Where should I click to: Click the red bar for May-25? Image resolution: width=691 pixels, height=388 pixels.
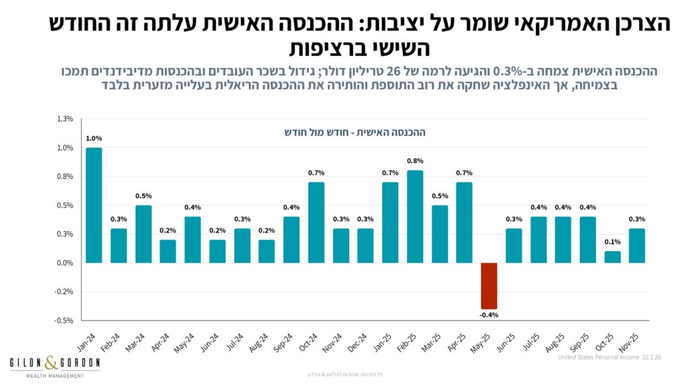coord(489,286)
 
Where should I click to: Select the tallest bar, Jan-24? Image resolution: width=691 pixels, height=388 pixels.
coord(94,205)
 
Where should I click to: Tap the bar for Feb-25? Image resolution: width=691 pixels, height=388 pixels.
coord(415,216)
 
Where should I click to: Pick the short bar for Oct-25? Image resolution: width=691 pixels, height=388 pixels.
coord(612,257)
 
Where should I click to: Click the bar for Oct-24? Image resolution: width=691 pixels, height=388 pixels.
coord(316,222)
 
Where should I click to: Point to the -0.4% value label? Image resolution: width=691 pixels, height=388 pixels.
coord(489,315)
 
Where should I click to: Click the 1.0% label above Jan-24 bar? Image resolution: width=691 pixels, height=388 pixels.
coord(94,139)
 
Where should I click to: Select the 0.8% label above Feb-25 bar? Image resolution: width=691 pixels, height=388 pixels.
coord(415,161)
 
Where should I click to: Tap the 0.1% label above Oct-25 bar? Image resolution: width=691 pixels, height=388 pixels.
coord(612,243)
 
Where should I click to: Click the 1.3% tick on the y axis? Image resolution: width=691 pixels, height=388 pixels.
coord(65,119)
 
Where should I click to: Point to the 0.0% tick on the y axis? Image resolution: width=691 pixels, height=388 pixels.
coord(65,263)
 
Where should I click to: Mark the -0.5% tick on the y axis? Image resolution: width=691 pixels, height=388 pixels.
coord(64,321)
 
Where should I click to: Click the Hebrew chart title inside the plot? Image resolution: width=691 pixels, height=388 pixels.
coord(354,132)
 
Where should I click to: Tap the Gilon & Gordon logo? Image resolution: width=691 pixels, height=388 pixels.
coord(55,366)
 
